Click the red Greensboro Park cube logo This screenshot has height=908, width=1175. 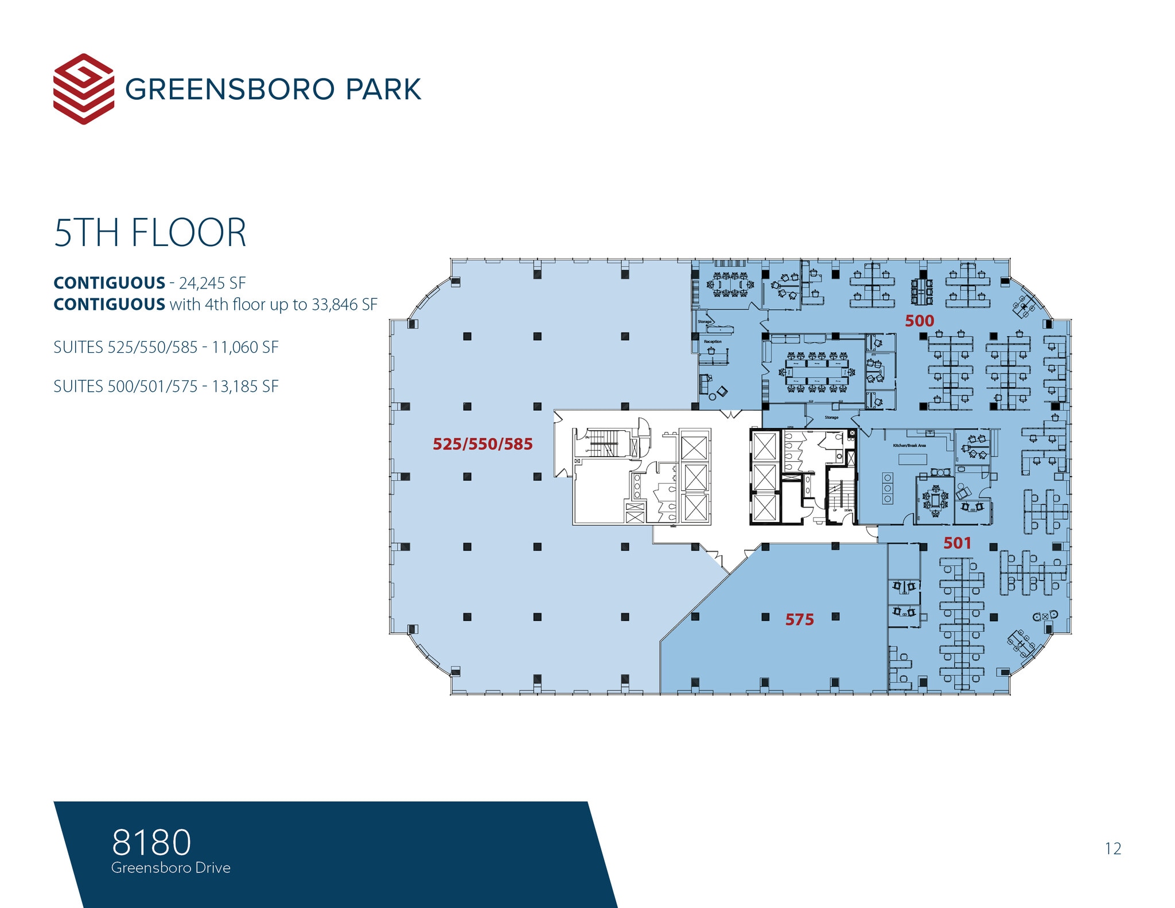coord(83,89)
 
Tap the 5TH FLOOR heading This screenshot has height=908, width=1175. coord(150,233)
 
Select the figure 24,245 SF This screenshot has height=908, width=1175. coord(212,283)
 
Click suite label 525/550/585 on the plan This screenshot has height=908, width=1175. coord(483,444)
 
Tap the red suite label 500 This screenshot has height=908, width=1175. coord(919,321)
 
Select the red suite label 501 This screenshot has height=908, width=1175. coord(957,543)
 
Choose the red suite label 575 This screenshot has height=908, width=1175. coord(799,619)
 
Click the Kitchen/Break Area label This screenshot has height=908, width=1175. coord(909,446)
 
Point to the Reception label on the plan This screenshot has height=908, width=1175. coord(713,342)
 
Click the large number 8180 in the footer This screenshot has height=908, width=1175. coord(151,842)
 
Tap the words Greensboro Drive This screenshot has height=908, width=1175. coord(171,868)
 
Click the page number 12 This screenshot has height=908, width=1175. coord(1112,848)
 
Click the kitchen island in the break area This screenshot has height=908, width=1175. coord(912,459)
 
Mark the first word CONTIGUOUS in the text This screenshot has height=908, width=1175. coord(109,283)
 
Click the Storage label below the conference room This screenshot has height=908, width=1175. coord(831,418)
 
